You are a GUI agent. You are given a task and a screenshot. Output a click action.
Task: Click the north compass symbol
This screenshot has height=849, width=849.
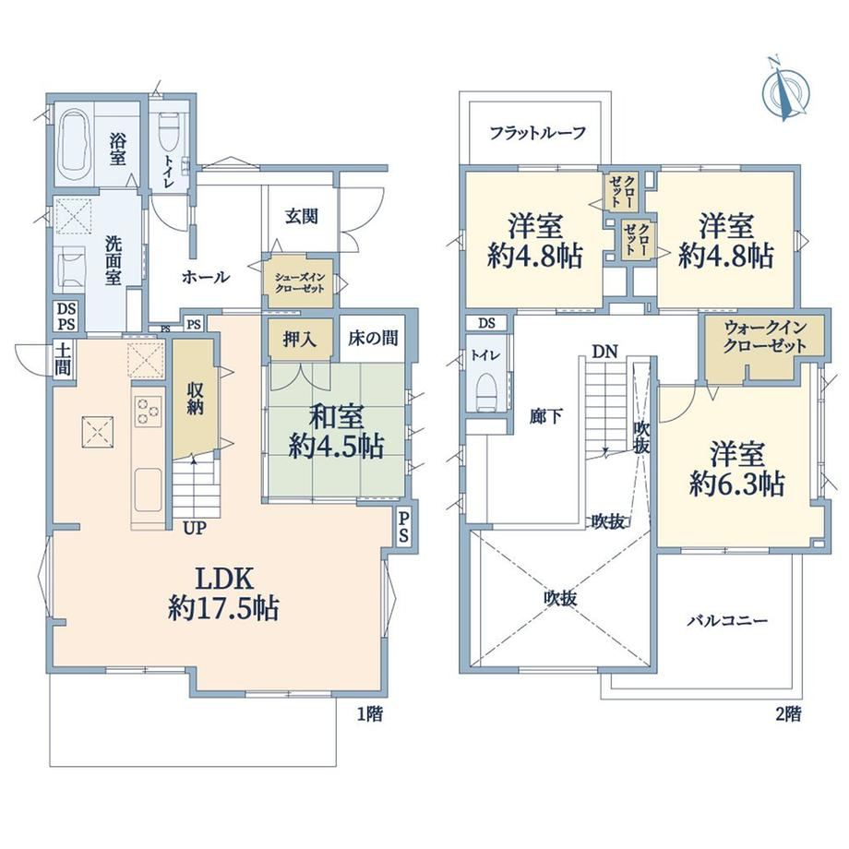coord(786,89)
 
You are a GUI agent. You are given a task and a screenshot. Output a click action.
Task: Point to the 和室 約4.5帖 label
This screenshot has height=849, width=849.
coord(336,432)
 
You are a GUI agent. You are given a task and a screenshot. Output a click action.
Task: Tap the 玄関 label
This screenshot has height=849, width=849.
coord(302,217)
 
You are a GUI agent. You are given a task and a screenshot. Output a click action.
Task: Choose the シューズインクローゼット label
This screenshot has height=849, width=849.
coord(300,282)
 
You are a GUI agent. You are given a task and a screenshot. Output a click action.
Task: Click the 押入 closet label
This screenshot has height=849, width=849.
coord(299,339)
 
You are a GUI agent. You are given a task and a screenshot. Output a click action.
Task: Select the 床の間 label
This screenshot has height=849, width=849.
coord(373,338)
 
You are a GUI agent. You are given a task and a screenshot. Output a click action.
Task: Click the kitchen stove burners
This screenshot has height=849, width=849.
coord(148,411)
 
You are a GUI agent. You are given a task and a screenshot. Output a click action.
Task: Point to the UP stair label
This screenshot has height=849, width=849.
coord(195,528)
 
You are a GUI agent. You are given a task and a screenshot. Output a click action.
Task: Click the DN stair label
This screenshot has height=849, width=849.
coord(604,352)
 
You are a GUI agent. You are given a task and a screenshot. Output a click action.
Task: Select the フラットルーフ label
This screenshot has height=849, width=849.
coord(538,133)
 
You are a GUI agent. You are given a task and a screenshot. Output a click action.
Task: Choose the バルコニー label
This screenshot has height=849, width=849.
coord(727,620)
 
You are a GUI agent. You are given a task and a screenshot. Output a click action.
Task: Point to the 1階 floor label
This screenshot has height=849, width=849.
coord(370,714)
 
